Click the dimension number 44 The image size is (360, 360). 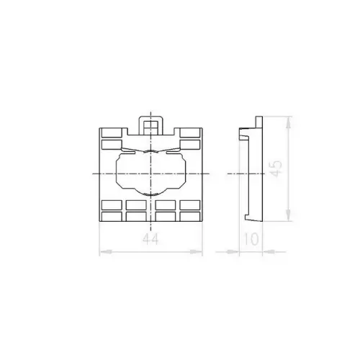click(150, 239)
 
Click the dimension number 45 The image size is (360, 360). click(276, 168)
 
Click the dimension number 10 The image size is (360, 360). click(251, 239)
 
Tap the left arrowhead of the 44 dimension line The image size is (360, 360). click(106, 252)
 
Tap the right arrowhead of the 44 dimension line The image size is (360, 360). click(197, 252)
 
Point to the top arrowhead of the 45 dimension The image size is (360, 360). click(289, 122)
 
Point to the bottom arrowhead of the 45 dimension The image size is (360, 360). click(289, 215)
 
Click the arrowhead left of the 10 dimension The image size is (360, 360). click(233, 252)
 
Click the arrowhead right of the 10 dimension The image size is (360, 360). click(269, 252)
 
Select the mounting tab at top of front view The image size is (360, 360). click(150, 125)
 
